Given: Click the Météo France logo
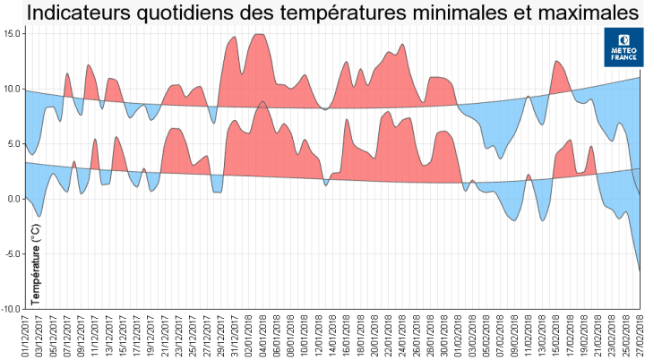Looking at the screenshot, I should (623, 47).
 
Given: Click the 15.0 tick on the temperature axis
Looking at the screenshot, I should (12, 33).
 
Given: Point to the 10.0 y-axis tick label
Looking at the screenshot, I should (12, 89).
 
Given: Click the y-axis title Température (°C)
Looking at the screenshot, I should (37, 262).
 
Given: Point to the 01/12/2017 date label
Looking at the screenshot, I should (28, 335).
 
